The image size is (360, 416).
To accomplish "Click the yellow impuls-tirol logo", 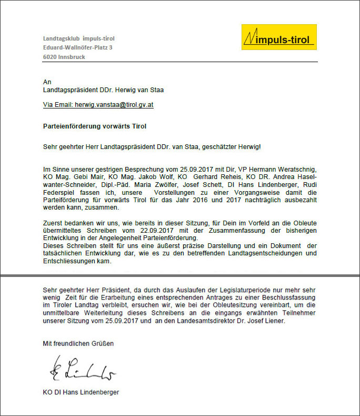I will [x=278, y=37].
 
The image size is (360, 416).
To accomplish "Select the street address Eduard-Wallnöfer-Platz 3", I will [x=77, y=47].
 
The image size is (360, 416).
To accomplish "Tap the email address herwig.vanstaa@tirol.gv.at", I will [x=114, y=105].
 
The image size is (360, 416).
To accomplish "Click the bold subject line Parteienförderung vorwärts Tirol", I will [x=94, y=126].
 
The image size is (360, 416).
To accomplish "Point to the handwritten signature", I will [x=82, y=368].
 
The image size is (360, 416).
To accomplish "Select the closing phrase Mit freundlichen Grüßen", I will [x=78, y=343].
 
